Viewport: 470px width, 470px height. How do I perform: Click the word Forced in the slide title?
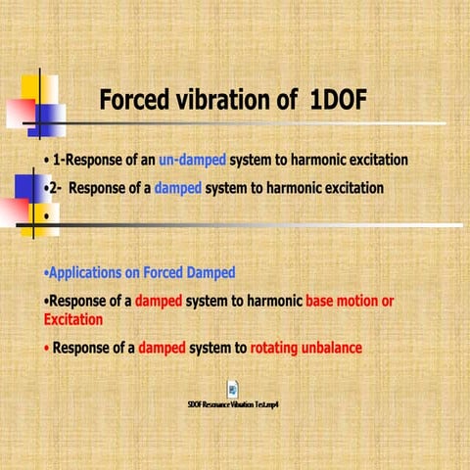(138, 101)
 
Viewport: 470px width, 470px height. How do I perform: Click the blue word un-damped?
(192, 160)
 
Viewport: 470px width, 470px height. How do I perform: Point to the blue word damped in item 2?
(176, 187)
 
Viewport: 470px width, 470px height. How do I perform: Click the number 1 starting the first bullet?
(58, 160)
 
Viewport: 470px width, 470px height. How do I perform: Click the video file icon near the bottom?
(234, 389)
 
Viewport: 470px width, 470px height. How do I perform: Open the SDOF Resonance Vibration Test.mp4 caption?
(234, 404)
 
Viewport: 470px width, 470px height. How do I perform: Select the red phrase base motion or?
(350, 302)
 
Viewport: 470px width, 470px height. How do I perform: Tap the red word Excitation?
(73, 319)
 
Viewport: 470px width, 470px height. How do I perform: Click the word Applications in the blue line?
(89, 272)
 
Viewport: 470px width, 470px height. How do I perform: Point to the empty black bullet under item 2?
(46, 213)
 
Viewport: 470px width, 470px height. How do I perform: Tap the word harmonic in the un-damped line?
(301, 160)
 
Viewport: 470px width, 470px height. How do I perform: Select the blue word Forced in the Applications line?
(156, 272)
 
